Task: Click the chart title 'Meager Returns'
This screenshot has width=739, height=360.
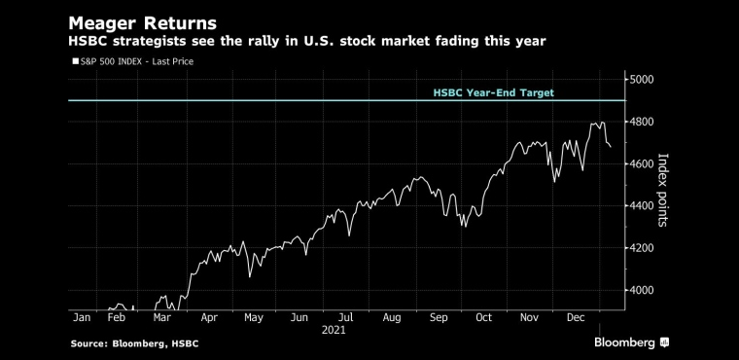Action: coord(143,23)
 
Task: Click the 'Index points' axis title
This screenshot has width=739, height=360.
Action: coord(662,190)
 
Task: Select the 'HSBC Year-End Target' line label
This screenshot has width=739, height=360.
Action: coord(493,93)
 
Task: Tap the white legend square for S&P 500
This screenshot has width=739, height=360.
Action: coord(76,61)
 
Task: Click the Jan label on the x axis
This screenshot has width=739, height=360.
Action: coord(82,318)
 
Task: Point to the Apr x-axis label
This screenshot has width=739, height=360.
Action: coord(209,318)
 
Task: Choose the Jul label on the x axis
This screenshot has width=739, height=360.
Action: coord(346,318)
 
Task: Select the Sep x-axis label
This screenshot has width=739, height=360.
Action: coord(439,318)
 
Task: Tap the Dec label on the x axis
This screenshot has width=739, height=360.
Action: coord(576,318)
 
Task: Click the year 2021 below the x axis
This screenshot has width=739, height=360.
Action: coord(334,330)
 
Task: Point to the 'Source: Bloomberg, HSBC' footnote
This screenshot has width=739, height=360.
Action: coord(135,344)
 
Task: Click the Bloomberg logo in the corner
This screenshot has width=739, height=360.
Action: coord(631,342)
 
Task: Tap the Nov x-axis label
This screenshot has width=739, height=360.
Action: coord(529,318)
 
